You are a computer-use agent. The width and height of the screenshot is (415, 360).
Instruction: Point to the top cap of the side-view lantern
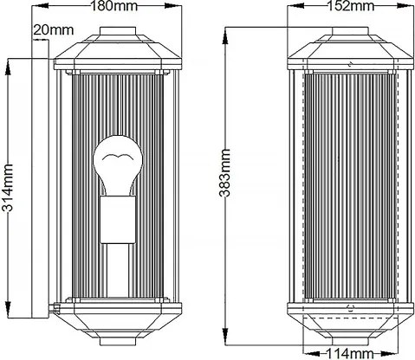[120, 42]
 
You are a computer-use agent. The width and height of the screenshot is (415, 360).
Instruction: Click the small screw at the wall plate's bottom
[56, 305]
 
